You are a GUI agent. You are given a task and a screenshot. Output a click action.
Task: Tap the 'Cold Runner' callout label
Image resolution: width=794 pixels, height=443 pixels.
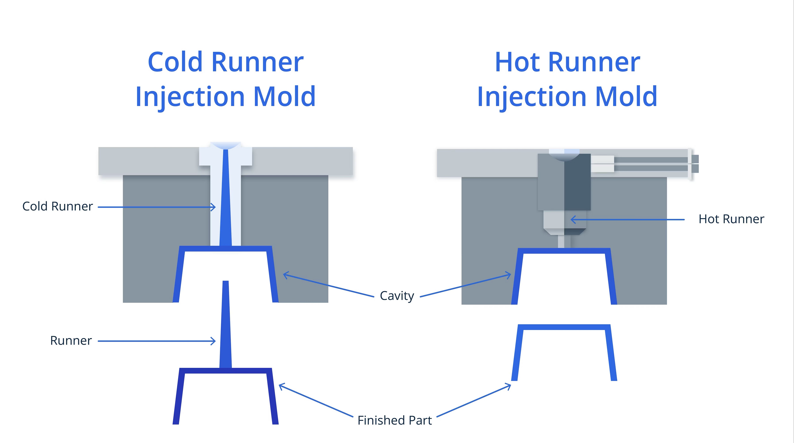(58, 206)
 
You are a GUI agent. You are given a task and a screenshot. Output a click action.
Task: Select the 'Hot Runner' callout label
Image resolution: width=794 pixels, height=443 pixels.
(731, 219)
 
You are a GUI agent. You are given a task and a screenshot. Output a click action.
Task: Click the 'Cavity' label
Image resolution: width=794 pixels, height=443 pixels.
(397, 296)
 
